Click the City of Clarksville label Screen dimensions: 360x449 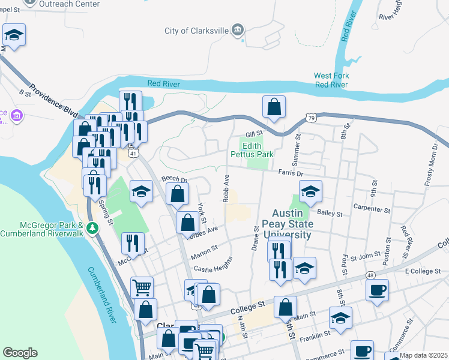tap(197, 31)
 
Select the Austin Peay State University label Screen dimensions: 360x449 tap(292, 224)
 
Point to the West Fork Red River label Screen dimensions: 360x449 tap(331, 80)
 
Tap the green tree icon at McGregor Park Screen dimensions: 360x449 tap(92, 227)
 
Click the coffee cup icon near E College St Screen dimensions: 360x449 tap(377, 290)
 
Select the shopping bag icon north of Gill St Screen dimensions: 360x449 tap(274, 107)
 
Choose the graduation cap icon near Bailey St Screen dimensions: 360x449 tap(310, 191)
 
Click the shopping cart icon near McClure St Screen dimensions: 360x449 tap(142, 287)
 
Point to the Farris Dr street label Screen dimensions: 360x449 tap(291, 173)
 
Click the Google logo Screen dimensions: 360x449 tap(20, 353)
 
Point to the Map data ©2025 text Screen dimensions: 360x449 tap(423, 355)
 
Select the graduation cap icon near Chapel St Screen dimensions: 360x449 tap(14, 36)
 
